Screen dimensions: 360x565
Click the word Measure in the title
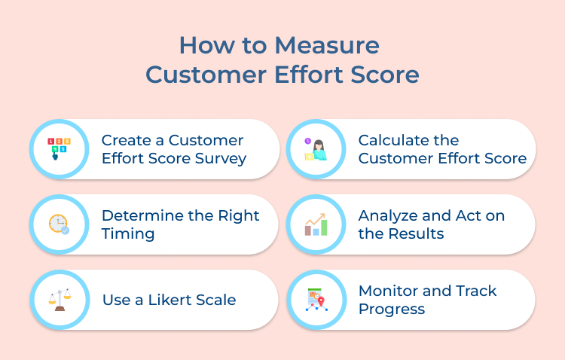pyautogui.click(x=326, y=45)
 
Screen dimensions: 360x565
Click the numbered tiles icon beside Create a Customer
pyautogui.click(x=59, y=148)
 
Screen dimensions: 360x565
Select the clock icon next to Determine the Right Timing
pyautogui.click(x=59, y=224)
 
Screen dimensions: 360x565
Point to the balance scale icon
pyautogui.click(x=59, y=299)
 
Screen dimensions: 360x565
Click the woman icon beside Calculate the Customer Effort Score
pyautogui.click(x=316, y=148)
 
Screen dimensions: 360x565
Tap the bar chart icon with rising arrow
pyautogui.click(x=316, y=224)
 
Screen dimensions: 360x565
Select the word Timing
pyautogui.click(x=128, y=233)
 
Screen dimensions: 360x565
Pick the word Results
pyautogui.click(x=414, y=233)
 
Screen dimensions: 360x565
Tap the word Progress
pyautogui.click(x=392, y=309)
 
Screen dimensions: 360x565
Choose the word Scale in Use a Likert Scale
pyautogui.click(x=216, y=300)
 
